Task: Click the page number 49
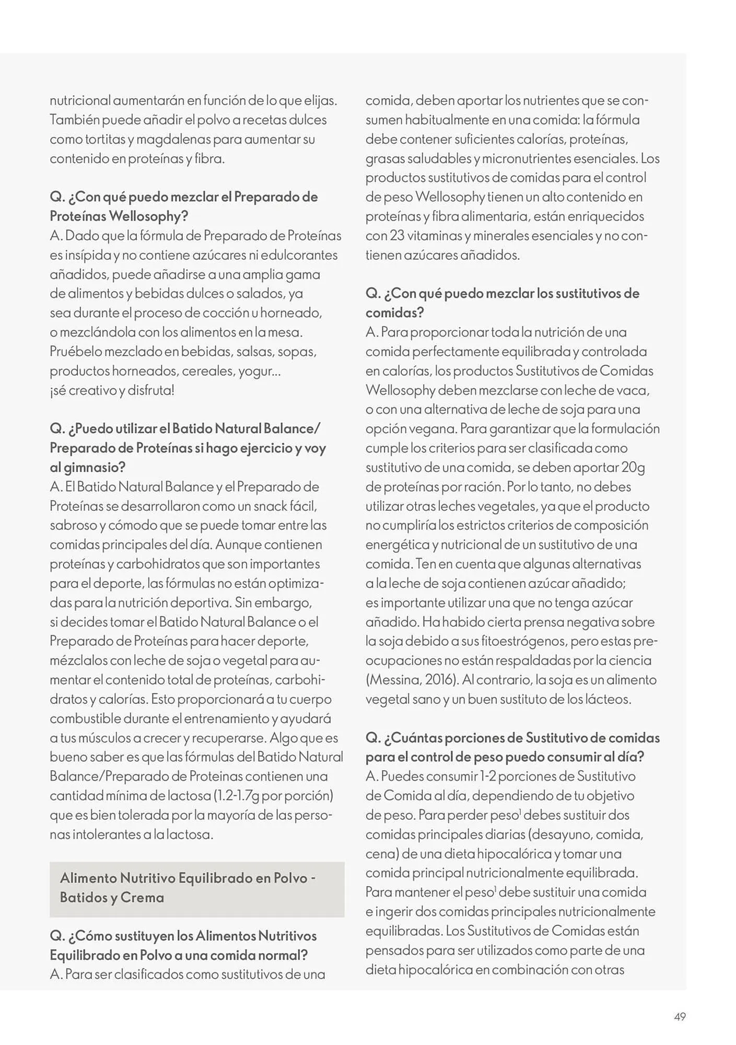(680, 1017)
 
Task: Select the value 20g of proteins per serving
(633, 467)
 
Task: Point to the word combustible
(86, 718)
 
